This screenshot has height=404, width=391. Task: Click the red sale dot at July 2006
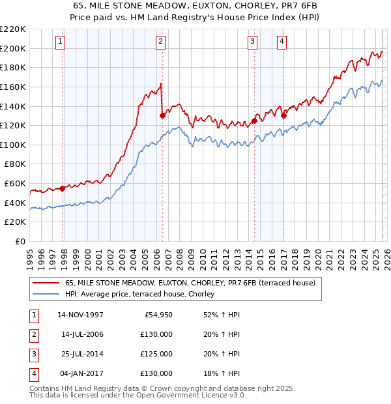click(x=162, y=115)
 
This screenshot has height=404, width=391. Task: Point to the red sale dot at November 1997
click(x=63, y=188)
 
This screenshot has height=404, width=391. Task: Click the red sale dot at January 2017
click(x=284, y=115)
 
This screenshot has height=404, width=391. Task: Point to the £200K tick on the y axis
click(x=14, y=48)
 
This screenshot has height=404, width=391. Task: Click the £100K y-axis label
click(x=14, y=145)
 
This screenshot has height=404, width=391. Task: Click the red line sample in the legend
click(x=46, y=283)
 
